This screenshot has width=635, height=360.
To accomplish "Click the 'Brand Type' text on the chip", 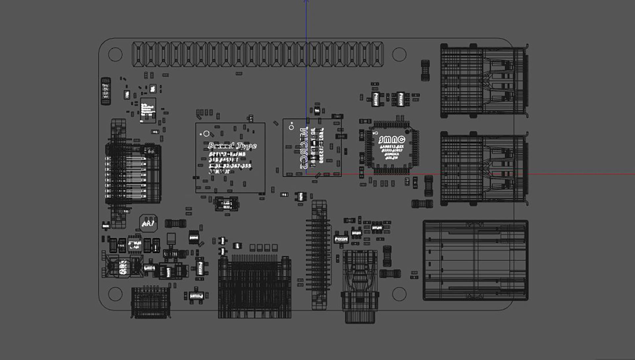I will pos(232,146).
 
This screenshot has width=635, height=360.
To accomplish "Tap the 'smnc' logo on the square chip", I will pos(392,140).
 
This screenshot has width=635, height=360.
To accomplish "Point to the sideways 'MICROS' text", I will pos(304,148).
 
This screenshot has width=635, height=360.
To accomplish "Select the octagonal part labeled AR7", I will pos(148,223).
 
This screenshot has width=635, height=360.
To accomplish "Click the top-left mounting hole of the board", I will pos(115,54).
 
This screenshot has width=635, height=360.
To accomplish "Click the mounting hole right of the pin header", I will pos(399,54).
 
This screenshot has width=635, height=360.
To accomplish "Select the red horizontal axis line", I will pos(562,174).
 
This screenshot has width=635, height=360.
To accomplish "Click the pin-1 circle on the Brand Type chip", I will pos(206,134).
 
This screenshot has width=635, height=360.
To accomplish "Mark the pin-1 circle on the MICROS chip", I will pos(291,127).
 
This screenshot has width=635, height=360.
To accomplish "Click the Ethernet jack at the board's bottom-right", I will pos(475,260).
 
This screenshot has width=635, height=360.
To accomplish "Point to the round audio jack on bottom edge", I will pos(360,288).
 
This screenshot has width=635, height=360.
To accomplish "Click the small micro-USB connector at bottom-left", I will pos(151,301).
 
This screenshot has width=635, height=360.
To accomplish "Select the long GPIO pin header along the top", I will pos(258,54).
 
